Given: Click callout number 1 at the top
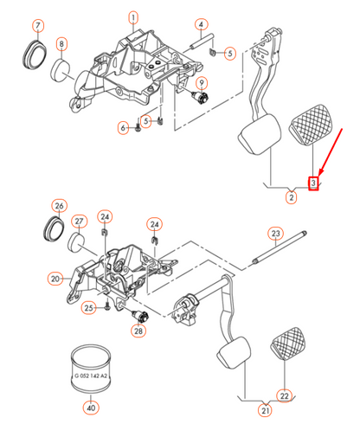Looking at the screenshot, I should coord(133,16).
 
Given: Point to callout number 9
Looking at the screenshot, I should coord(200,83).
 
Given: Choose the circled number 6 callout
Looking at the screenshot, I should coord(124,128).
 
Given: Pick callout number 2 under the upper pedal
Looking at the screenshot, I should coord(291,198).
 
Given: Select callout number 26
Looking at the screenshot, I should coord(59,206).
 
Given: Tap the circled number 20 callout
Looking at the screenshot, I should coord(56,279).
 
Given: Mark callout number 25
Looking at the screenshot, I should coord(89,307).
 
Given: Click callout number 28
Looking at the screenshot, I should coord(138,331).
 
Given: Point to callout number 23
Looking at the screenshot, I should coord(275,234).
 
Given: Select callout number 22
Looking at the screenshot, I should coord(284,395).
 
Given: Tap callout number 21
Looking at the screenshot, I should coord(267,410).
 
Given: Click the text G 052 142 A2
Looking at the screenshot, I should coord(91,376).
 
